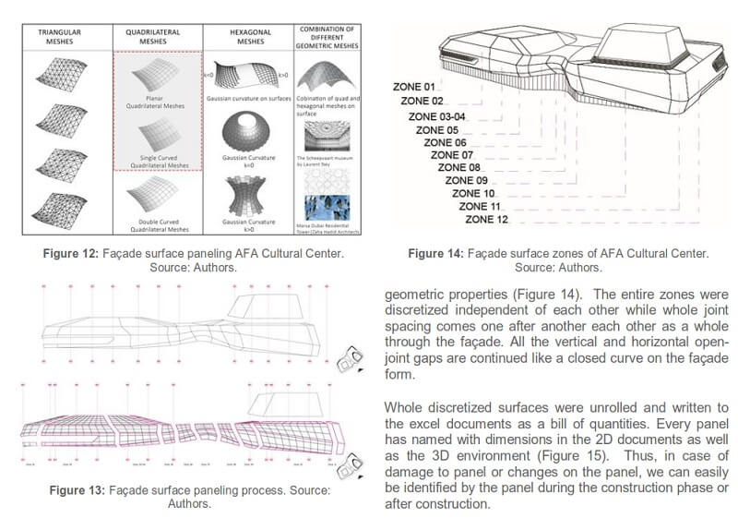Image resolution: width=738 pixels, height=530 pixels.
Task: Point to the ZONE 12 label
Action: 487,220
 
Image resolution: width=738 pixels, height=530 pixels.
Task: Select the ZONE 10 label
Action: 474,194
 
